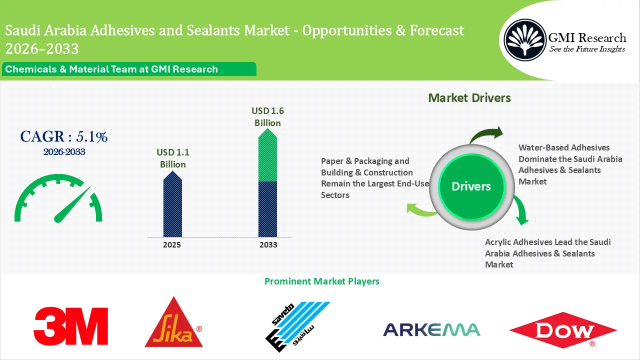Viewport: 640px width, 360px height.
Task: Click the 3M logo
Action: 71,326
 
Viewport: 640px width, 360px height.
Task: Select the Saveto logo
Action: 297,326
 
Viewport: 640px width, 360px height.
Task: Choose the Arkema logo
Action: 431,329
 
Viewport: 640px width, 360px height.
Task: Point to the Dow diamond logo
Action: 563,330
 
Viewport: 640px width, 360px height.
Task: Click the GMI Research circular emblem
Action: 525,40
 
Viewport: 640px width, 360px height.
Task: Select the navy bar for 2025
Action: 172,204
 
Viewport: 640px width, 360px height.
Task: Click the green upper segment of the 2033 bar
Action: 267,155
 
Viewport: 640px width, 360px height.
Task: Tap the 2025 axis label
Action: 172,245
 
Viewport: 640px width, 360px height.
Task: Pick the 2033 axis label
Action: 268,245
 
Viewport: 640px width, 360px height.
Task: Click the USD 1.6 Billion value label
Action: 267,116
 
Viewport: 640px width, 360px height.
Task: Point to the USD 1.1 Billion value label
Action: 173,158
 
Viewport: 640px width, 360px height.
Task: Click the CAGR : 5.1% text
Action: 64,136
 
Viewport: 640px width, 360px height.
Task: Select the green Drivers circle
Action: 471,186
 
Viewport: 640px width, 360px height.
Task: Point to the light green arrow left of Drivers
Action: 420,210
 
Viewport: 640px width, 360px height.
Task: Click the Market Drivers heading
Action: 469,98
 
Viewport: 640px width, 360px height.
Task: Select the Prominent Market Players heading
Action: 322,281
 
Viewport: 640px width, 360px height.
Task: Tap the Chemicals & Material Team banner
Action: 129,69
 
